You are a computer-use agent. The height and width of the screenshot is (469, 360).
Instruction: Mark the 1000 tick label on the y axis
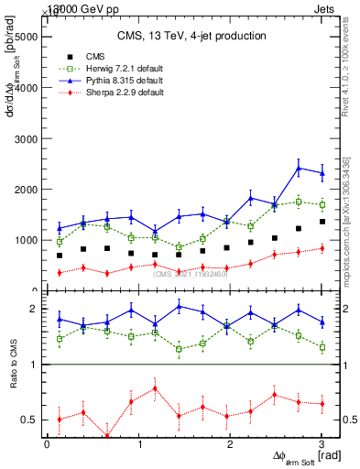23,240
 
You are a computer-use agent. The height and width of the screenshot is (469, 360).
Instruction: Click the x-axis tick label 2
230,444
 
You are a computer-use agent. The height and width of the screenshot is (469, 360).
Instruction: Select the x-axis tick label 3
322,444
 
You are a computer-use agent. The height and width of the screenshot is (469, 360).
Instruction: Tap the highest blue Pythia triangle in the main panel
299,168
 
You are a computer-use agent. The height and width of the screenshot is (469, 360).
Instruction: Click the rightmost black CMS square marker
322,222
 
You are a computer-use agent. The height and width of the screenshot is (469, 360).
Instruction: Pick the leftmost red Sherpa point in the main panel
60,273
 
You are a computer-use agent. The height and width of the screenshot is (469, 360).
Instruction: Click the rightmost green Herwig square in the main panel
322,204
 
